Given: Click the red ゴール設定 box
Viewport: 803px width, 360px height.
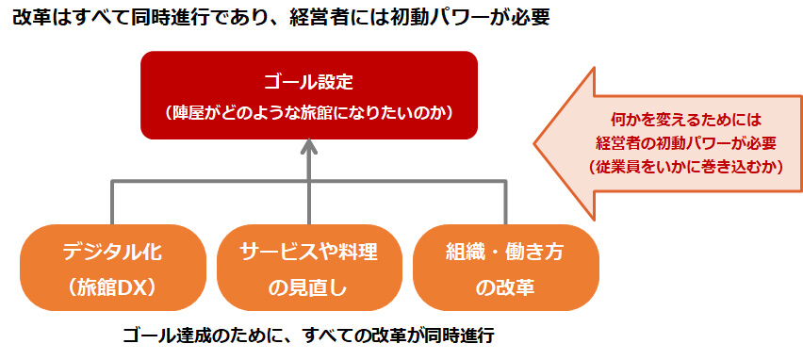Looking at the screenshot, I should coord(308,94).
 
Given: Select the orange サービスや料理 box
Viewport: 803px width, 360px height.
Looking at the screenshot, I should coord(308,268).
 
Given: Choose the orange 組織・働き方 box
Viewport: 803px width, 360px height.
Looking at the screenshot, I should coord(506,268).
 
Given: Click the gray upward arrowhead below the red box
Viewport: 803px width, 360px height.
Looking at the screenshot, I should coord(309,148).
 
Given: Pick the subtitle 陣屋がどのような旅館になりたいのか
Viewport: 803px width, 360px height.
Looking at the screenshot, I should coord(309,112).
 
